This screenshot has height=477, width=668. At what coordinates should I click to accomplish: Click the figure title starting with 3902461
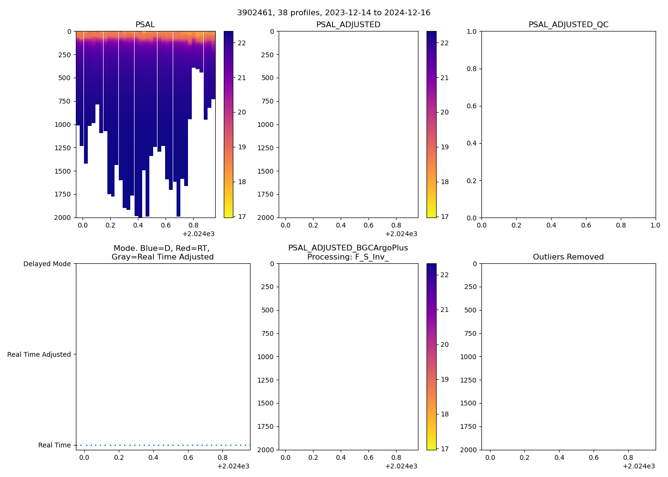[334, 12]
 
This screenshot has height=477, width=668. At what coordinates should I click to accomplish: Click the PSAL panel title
[145, 24]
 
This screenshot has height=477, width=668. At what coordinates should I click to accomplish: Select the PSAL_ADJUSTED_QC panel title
[568, 24]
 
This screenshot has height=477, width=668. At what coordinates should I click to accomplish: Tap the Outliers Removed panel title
[568, 257]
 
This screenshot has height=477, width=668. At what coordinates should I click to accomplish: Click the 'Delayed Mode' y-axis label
[47, 264]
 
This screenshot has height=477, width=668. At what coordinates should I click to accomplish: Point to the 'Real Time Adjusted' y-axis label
[39, 354]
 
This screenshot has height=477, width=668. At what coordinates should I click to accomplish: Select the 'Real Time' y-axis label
[54, 445]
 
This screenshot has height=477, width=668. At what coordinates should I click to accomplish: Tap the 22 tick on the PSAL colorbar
[241, 43]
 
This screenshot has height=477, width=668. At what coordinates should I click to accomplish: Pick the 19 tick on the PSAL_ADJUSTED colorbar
[444, 147]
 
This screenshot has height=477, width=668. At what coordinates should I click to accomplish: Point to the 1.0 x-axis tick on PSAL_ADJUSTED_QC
[655, 225]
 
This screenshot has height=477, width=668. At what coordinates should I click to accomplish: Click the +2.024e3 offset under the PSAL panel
[198, 234]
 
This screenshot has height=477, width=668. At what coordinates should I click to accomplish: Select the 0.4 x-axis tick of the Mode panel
[153, 457]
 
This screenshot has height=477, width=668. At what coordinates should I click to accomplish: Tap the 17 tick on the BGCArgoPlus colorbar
[444, 449]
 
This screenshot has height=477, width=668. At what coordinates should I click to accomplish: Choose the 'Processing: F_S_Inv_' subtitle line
[348, 257]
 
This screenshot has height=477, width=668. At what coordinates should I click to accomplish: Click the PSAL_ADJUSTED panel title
[348, 24]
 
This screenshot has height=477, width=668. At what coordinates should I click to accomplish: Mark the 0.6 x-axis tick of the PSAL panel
[166, 225]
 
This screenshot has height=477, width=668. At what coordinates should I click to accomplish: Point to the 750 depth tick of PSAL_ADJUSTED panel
[267, 101]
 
